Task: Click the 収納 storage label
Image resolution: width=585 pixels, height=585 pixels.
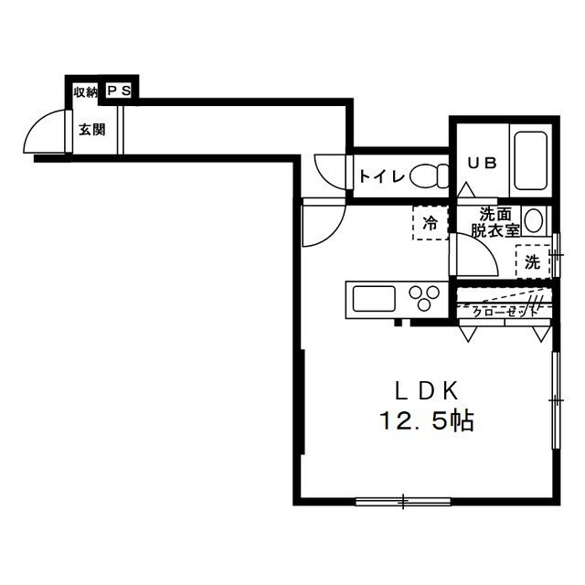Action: pyautogui.click(x=85, y=91)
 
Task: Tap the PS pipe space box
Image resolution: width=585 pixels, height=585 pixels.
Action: pyautogui.click(x=119, y=90)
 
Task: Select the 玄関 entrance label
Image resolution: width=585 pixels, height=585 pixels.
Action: pyautogui.click(x=91, y=130)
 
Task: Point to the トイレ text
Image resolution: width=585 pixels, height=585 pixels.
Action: pyautogui.click(x=382, y=176)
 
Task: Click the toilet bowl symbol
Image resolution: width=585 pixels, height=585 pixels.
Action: pyautogui.click(x=429, y=175)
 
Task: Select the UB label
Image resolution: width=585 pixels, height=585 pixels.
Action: pyautogui.click(x=482, y=163)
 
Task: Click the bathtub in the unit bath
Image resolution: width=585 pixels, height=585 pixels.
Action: pyautogui.click(x=530, y=161)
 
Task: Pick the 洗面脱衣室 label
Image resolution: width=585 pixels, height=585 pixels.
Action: pyautogui.click(x=495, y=223)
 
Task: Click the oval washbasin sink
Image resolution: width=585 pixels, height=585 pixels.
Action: pyautogui.click(x=534, y=220)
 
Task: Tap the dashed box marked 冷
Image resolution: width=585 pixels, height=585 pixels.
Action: pyautogui.click(x=431, y=223)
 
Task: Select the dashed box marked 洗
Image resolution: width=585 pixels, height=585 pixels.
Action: pyautogui.click(x=533, y=261)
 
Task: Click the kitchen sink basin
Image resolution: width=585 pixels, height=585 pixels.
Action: pyautogui.click(x=374, y=299)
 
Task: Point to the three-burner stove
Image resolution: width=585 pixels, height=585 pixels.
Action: pyautogui.click(x=424, y=298)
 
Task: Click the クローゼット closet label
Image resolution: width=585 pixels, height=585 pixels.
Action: pyautogui.click(x=505, y=313)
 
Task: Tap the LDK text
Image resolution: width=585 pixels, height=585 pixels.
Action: pyautogui.click(x=427, y=391)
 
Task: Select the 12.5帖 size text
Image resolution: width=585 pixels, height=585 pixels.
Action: pyautogui.click(x=427, y=420)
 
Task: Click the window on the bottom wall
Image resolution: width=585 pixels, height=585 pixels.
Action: pyautogui.click(x=403, y=502)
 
